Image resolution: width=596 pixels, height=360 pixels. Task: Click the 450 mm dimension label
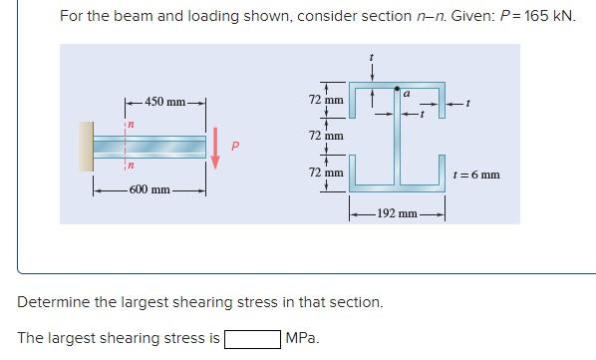coord(164,102)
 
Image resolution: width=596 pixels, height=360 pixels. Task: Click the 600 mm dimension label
coord(150,188)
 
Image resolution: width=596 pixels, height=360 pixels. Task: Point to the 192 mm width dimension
coord(396,213)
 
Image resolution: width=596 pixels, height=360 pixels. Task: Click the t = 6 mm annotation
coord(475,175)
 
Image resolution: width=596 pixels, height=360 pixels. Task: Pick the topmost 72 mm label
coord(326,101)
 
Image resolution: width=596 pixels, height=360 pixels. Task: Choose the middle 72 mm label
coord(326,135)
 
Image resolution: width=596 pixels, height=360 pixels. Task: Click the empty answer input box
coord(252,338)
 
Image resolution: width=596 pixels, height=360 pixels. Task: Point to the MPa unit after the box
coord(301,338)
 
